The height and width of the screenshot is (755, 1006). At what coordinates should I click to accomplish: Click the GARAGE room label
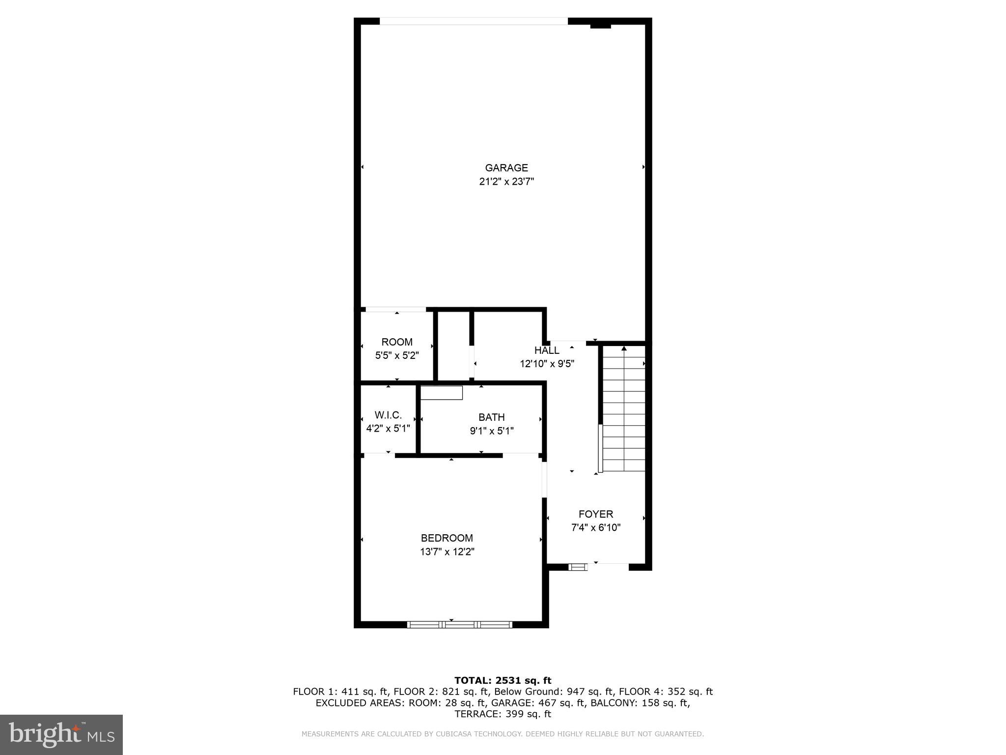(x=506, y=168)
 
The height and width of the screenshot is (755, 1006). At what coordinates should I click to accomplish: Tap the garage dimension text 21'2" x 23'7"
(x=506, y=182)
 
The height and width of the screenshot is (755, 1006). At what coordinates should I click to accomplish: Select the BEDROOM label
(x=447, y=538)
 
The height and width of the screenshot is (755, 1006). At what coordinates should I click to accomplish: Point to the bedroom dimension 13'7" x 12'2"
(x=447, y=552)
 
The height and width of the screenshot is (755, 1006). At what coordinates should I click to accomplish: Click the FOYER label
(x=595, y=514)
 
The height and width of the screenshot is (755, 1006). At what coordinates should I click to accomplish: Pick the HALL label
(x=546, y=350)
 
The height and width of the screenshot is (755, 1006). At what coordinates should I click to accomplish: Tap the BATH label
(x=491, y=417)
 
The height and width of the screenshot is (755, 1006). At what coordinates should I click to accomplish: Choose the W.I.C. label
(x=388, y=415)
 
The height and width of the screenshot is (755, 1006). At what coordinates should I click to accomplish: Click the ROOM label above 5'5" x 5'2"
(x=397, y=342)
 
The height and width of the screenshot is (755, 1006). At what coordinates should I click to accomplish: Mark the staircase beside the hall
(x=624, y=408)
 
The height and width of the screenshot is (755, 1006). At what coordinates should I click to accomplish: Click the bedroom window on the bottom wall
(x=460, y=625)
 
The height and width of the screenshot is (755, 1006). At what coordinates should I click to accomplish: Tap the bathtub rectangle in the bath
(x=442, y=393)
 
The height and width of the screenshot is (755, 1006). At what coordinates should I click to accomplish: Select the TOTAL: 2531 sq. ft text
(x=503, y=680)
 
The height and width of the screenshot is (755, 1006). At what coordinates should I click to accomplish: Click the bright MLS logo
(x=61, y=734)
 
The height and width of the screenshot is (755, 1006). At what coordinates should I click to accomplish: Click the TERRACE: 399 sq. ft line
(x=503, y=714)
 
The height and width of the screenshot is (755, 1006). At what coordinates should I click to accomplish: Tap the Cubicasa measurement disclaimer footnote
(x=503, y=734)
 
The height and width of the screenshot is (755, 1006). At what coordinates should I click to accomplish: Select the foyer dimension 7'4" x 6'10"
(x=595, y=528)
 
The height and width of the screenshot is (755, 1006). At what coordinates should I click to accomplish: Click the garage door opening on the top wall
(x=474, y=21)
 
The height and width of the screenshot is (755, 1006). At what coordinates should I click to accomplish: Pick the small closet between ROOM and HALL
(x=453, y=346)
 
